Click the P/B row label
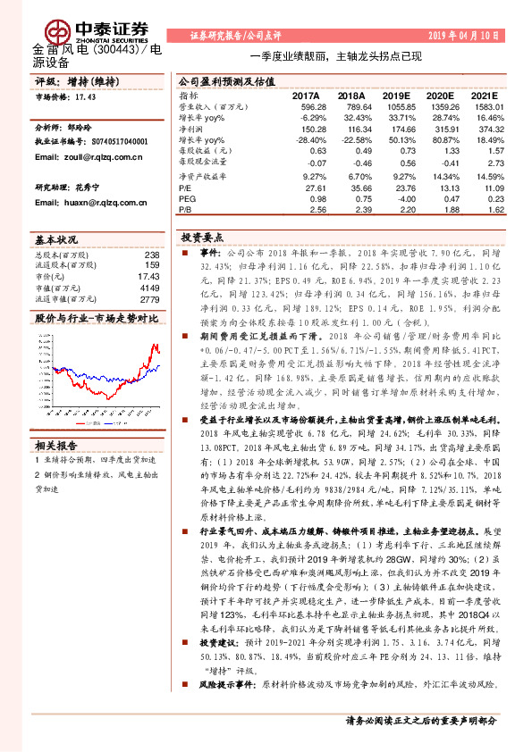pos(186,210)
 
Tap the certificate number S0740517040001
pos(116,142)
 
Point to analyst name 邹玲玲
pos(86,128)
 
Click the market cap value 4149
pos(148,288)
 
